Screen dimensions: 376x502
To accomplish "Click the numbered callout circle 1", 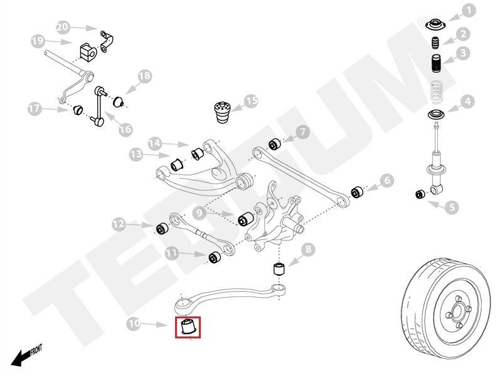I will click(469, 11).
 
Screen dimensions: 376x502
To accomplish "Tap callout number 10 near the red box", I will click(133, 324).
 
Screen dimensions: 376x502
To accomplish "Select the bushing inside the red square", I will click(187, 326).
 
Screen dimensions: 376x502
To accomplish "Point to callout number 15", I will click(251, 101).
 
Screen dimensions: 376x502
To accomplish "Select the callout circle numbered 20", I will click(61, 27).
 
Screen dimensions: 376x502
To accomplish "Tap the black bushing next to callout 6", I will click(356, 191).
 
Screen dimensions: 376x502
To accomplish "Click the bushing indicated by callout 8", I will click(280, 269).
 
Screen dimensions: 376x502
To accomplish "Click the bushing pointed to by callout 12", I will click(161, 227).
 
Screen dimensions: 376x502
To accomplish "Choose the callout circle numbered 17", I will click(35, 109).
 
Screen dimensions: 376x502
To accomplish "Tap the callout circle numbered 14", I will click(154, 144).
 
